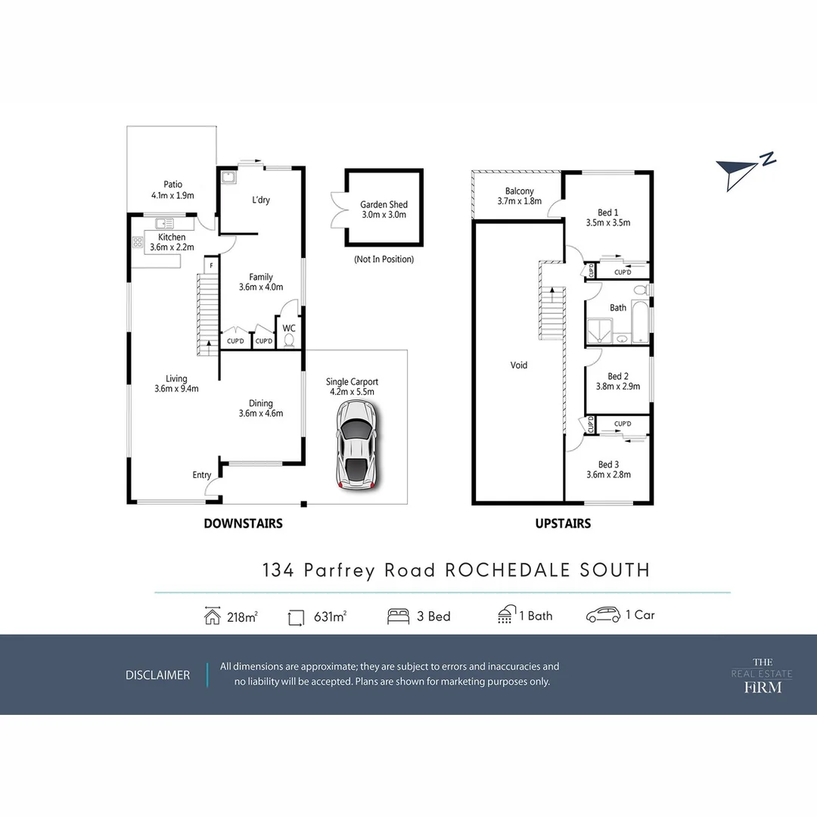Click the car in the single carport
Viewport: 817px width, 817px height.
coord(356,445)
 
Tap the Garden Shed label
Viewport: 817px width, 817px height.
coord(384,204)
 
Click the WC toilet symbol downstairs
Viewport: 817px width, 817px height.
coord(288,340)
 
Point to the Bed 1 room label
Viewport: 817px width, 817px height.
coord(607,213)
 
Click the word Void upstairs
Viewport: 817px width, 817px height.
coord(519,365)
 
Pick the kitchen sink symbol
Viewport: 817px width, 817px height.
coord(165,223)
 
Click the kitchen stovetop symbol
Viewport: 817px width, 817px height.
coord(138,243)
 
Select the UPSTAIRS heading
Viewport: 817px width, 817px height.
coord(563,523)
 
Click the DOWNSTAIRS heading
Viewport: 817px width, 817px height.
coord(243,523)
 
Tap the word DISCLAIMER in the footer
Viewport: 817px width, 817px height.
coord(157,675)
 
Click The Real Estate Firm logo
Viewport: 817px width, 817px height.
coord(751,675)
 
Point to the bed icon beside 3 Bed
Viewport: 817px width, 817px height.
coord(398,616)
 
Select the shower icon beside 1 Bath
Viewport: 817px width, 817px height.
coord(505,615)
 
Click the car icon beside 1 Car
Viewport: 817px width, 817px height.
coord(603,615)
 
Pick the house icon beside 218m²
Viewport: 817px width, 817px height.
coord(213,616)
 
